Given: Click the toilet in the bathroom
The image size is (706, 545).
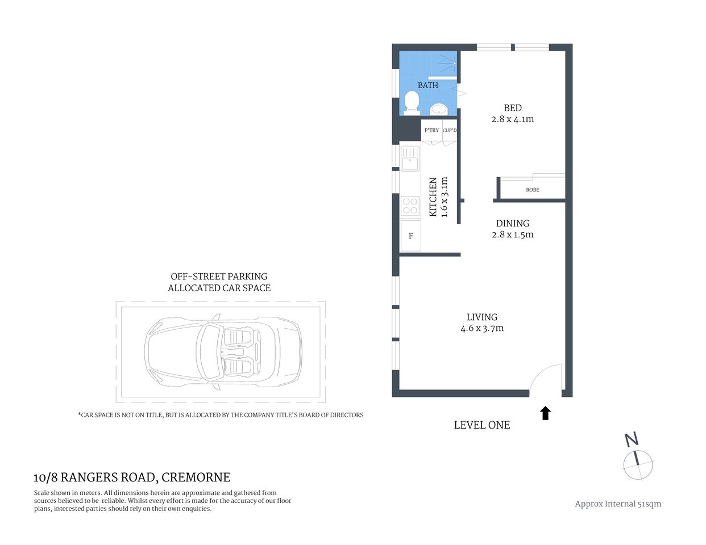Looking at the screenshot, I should (411, 103).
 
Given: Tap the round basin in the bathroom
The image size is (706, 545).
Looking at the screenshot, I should (438, 108).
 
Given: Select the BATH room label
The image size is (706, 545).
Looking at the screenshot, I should (428, 85).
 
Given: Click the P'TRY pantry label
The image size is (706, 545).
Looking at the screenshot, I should (431, 131).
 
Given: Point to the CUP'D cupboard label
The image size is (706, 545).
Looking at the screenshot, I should (450, 131).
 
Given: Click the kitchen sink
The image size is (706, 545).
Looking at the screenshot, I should (410, 158).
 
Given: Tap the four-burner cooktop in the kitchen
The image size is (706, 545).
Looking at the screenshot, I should (410, 206).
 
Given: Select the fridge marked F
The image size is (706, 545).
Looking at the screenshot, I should (410, 236).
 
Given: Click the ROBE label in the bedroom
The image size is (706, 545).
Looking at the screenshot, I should (533, 190).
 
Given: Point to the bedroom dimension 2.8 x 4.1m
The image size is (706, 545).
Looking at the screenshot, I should (513, 119).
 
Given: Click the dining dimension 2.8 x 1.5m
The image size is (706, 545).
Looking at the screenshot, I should (513, 234).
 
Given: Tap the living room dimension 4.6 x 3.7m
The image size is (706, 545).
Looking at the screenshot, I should (482, 328).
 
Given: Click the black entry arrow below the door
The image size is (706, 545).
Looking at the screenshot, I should (546, 413).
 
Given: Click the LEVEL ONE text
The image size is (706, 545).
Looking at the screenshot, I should (482, 425).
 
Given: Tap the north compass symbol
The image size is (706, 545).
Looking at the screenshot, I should (638, 459).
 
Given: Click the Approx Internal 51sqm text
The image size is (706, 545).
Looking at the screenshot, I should (618, 504).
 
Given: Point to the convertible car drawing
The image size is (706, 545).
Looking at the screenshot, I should (223, 353).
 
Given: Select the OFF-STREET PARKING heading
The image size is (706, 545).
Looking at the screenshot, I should (219, 276).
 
